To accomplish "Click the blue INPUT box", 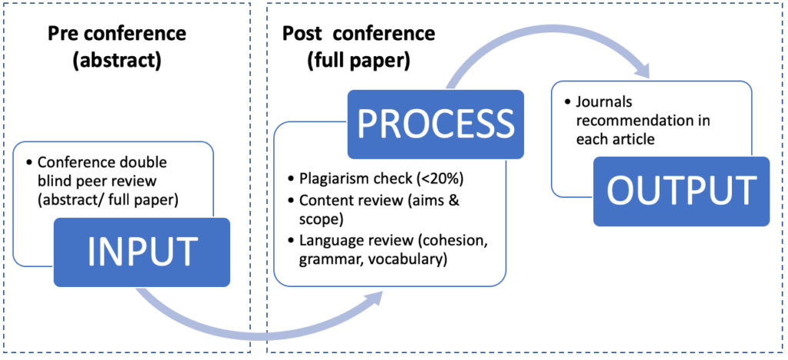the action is tap(142, 252).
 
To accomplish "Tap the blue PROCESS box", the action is tap(436, 124).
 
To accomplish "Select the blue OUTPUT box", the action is tap(682, 192).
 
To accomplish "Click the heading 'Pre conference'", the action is tap(117, 35).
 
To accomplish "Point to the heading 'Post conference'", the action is tap(359, 34).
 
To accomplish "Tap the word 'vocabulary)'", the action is tap(416, 261).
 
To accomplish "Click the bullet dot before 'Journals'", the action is tap(568, 102).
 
